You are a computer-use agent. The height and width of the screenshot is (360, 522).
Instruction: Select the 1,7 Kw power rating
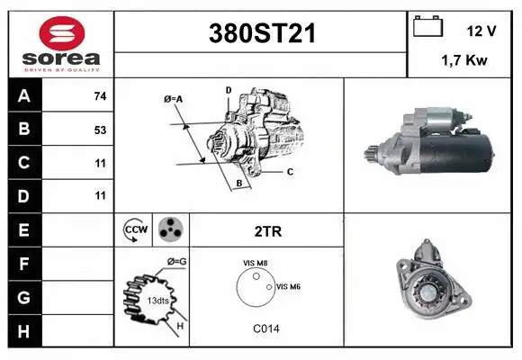[463, 60]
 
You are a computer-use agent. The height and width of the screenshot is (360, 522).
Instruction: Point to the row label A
[23, 96]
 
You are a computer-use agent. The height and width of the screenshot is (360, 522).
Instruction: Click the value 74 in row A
[100, 96]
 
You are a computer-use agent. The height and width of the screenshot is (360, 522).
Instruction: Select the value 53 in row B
[100, 130]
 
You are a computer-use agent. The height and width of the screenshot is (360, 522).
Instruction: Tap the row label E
[23, 230]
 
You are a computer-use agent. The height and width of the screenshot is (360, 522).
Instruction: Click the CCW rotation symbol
[134, 230]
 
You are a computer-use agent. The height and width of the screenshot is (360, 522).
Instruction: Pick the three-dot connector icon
[169, 230]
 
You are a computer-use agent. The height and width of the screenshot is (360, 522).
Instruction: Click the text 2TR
[267, 231]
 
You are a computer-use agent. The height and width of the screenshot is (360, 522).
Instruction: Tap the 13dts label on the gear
[157, 299]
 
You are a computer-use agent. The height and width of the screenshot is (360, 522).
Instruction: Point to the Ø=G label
[177, 261]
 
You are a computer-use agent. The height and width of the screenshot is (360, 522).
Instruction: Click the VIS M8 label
[255, 263]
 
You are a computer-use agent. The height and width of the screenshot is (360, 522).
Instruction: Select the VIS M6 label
[288, 286]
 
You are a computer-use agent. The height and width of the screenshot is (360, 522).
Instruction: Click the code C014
[265, 328]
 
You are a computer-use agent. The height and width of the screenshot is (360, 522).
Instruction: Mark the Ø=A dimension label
[173, 98]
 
